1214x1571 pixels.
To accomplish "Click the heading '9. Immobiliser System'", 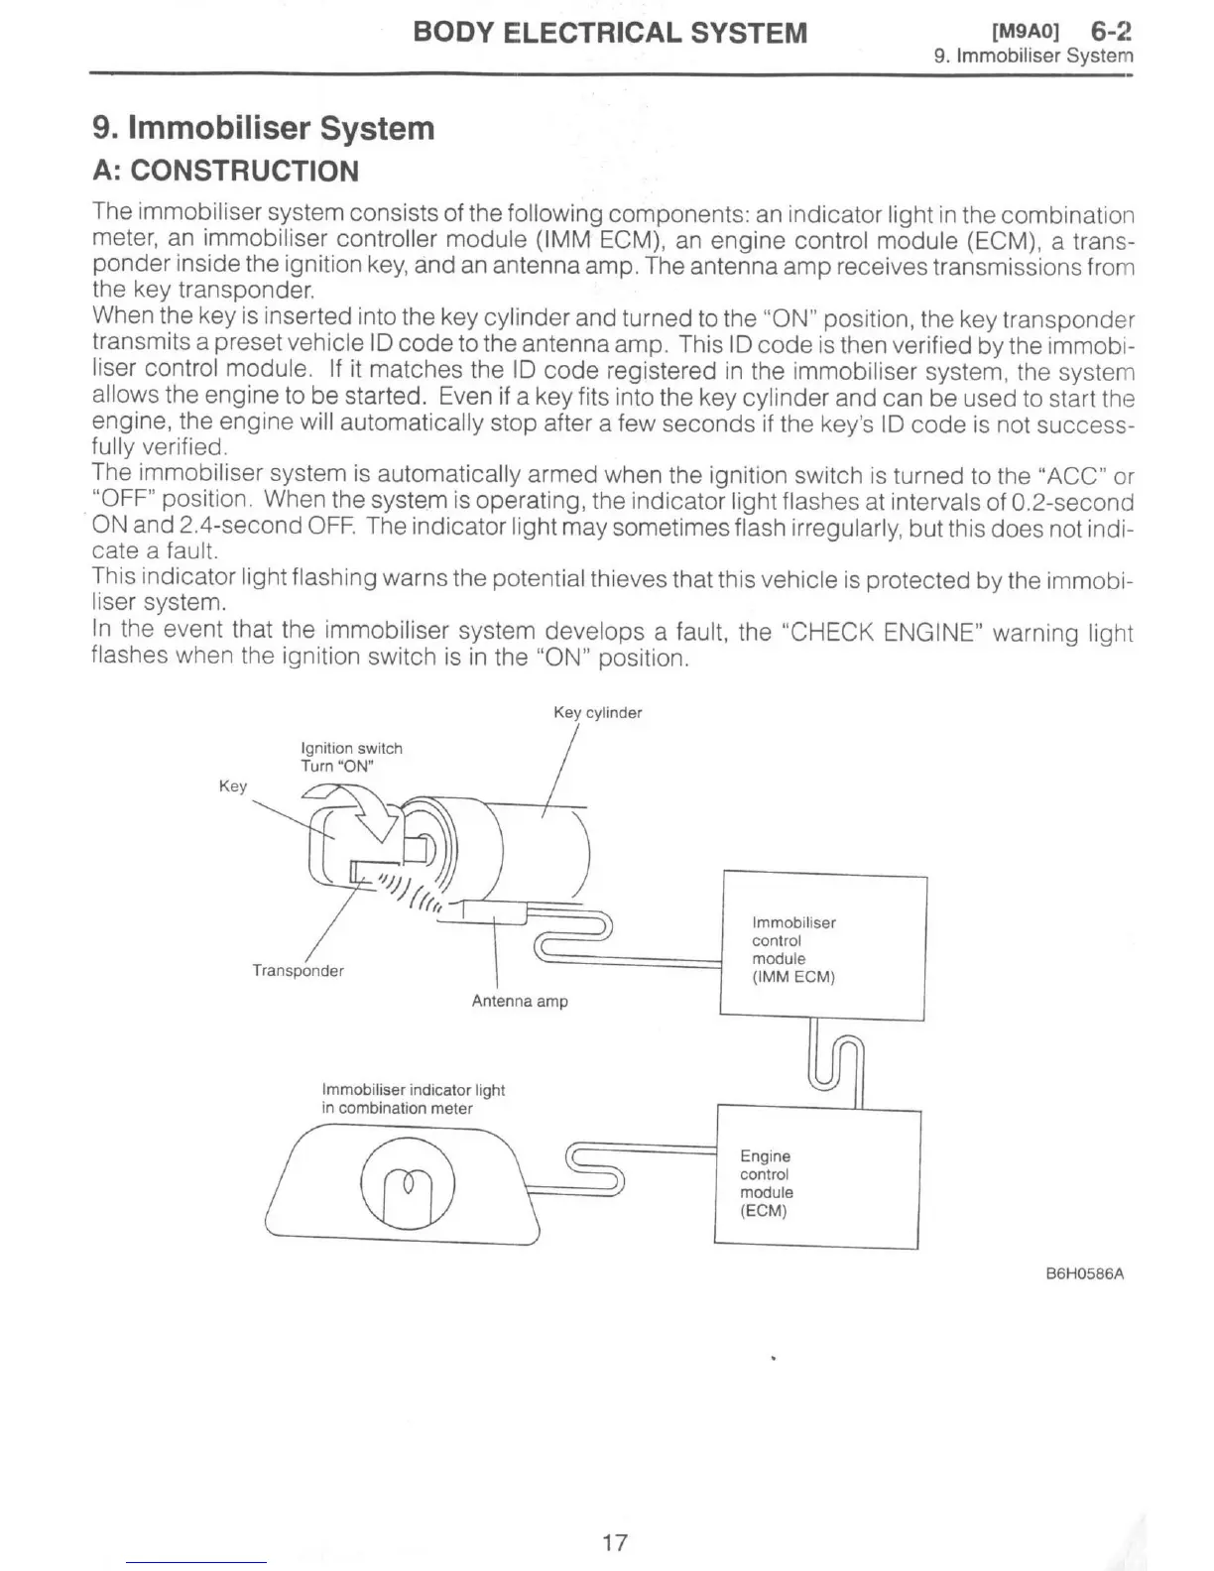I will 263,129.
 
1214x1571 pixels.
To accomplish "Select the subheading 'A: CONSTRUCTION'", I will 225,172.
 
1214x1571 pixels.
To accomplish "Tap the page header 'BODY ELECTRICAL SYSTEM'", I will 610,33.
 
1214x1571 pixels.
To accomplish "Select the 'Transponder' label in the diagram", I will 298,971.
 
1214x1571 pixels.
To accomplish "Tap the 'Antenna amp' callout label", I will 520,1002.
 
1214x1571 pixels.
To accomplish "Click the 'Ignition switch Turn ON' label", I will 351,757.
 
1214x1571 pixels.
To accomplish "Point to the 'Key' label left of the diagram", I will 232,786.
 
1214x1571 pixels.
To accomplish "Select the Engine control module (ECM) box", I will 816,1178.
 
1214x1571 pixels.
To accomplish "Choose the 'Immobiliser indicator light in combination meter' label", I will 413,1099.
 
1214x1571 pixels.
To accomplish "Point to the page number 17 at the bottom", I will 615,1542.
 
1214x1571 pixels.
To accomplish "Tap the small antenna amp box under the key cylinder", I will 494,913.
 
